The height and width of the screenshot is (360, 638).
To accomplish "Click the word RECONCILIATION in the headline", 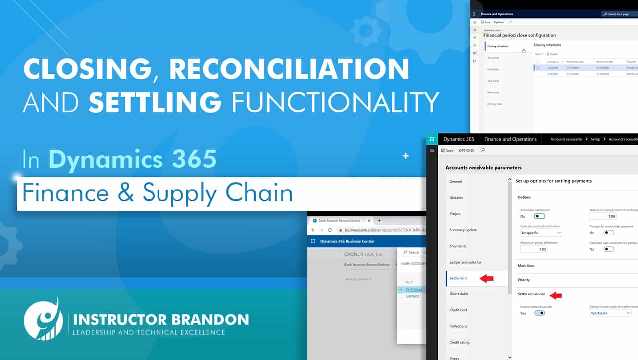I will tap(289, 69).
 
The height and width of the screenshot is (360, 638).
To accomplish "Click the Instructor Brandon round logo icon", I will tap(43, 320).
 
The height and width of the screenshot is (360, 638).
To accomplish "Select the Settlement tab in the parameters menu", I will tap(458, 278).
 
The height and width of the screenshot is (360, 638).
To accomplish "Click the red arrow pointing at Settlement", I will tap(486, 278).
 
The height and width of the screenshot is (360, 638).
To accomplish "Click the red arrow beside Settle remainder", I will tap(555, 295).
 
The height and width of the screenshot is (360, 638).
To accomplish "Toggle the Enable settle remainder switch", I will tap(539, 313).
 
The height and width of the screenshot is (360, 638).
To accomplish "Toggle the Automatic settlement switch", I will tap(539, 216).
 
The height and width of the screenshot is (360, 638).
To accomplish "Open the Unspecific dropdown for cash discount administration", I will tap(541, 233).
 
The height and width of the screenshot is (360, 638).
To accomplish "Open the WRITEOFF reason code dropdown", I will tap(607, 313).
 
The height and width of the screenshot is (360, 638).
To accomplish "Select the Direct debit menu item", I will tap(458, 294).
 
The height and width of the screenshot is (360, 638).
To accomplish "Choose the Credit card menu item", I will tap(458, 310).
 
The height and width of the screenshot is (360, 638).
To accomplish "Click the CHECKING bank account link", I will tap(414, 290).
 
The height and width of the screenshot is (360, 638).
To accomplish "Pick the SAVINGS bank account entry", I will tap(412, 296).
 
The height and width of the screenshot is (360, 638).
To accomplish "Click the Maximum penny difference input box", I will tap(533, 249).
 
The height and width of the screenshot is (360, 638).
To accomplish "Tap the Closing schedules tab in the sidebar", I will tap(498, 46).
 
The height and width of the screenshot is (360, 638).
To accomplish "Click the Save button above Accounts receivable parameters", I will tap(447, 150).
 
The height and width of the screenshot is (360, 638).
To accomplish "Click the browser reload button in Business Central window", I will tap(330, 230).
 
